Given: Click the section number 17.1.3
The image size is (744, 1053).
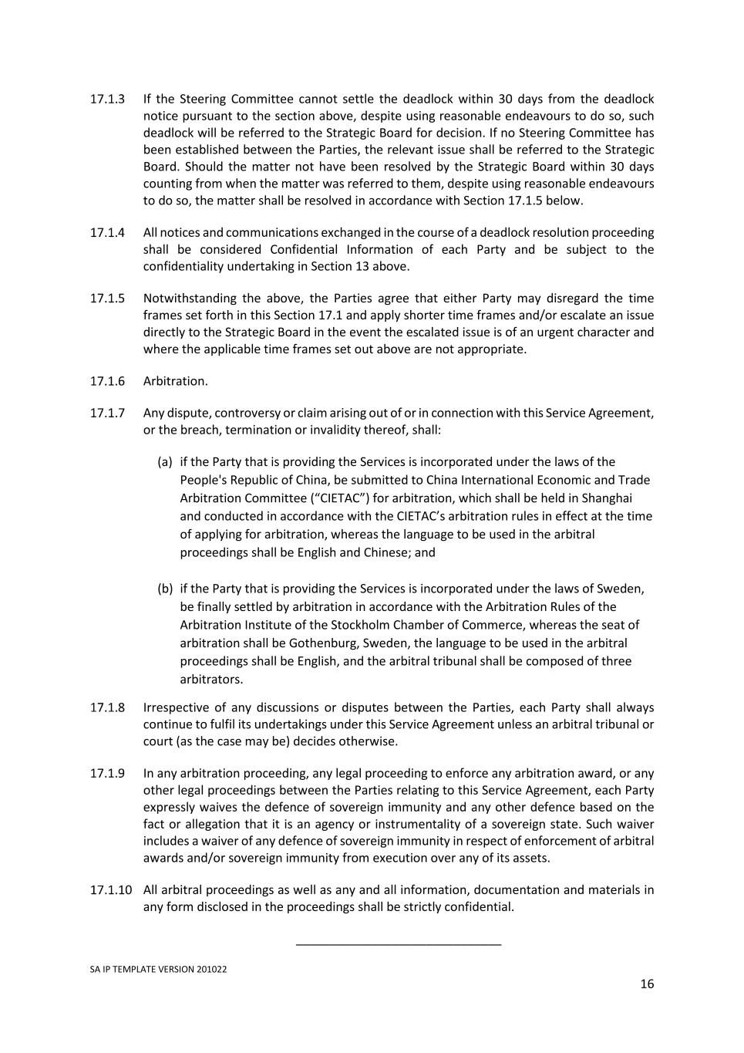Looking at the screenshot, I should point(107,100).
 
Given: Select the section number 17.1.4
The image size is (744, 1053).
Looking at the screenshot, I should point(107,233).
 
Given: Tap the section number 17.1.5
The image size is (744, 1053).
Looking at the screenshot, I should point(107,299).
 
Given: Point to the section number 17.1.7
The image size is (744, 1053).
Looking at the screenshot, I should point(107,413).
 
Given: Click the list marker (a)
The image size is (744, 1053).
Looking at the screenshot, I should point(165,462).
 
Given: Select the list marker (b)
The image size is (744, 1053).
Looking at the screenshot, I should point(165,589).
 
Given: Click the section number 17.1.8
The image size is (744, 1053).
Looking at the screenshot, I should point(107,708).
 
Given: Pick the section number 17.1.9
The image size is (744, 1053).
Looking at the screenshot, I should point(107,774).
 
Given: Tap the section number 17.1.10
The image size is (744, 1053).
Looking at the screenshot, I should point(110,890).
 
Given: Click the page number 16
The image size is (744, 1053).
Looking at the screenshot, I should point(647,984).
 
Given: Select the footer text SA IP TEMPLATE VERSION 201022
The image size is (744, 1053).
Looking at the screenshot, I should point(158,970).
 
